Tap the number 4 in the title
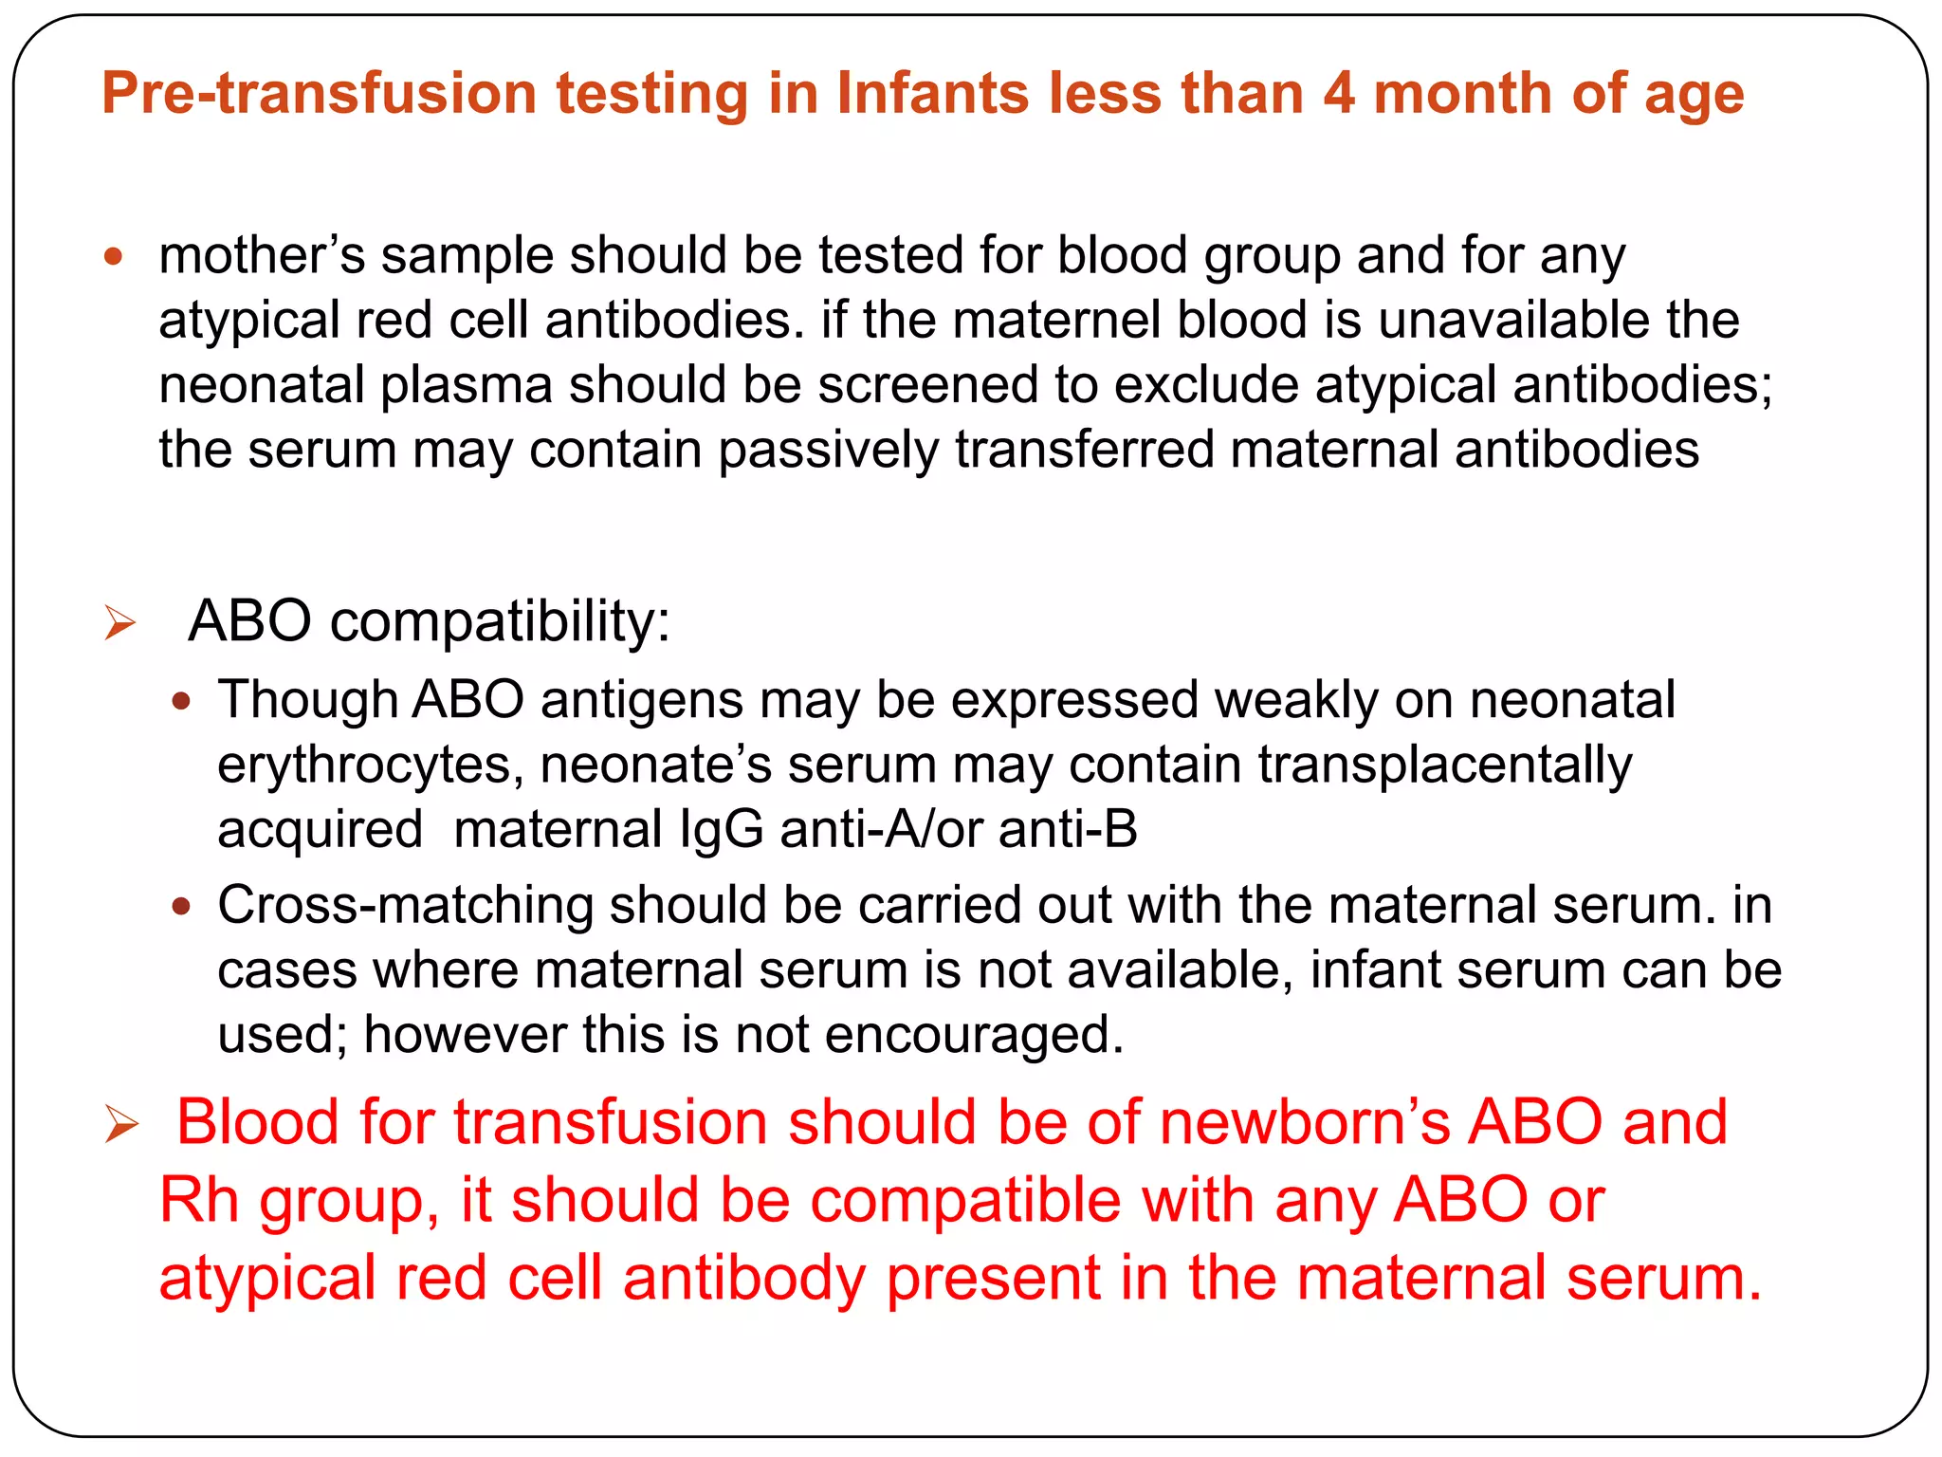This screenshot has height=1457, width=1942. click(x=1339, y=94)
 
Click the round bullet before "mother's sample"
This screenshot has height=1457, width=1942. click(x=114, y=255)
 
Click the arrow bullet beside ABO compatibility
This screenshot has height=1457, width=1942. click(x=120, y=623)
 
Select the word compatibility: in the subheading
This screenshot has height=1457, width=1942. click(x=500, y=622)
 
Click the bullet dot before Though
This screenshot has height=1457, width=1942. click(x=181, y=702)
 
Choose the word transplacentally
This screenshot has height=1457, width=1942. click(x=1445, y=765)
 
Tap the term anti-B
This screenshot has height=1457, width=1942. click(x=1068, y=829)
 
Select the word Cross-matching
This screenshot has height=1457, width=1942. click(x=405, y=905)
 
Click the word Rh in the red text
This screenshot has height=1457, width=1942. click(x=198, y=1200)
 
